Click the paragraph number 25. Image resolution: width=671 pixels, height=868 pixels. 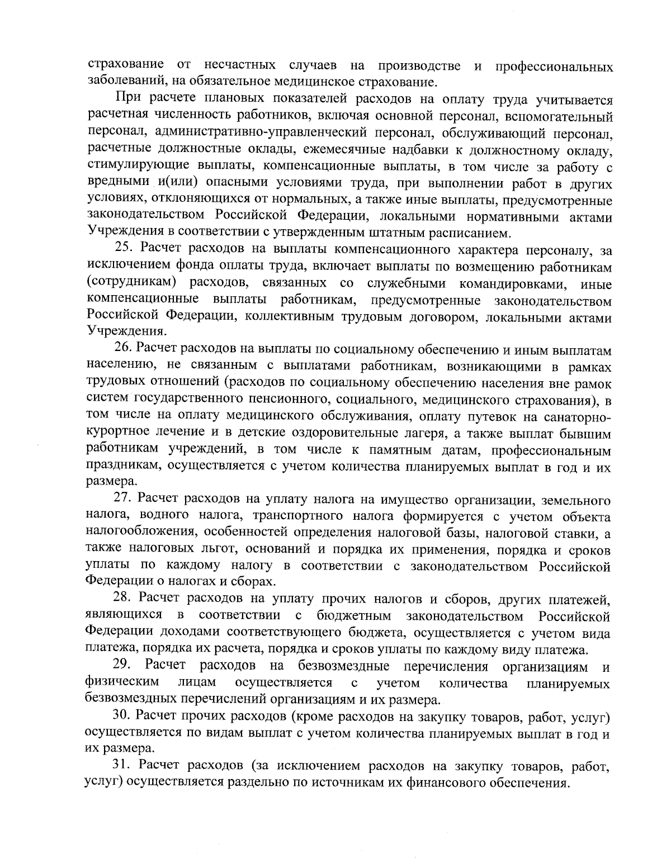(124, 247)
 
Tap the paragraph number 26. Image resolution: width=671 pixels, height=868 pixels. (124, 350)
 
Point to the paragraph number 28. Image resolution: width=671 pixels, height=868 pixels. (124, 600)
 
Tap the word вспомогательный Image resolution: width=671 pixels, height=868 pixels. (559, 117)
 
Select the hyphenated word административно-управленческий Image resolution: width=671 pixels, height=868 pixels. (251, 134)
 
